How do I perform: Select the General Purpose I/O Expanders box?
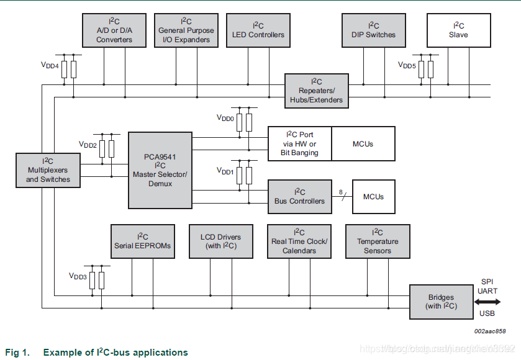coord(186,30)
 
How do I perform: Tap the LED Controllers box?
coord(258,30)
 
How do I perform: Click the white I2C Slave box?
coord(458,30)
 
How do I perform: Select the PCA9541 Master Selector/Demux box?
coord(160,170)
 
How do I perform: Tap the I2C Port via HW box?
coord(299,143)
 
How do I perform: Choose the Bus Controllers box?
coord(299,196)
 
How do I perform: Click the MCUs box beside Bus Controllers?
coord(373,196)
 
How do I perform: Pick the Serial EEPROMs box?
coord(142,241)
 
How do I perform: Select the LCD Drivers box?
coord(221,241)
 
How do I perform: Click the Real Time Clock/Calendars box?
coord(299,241)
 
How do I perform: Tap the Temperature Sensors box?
coord(378,241)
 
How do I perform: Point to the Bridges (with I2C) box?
coord(441,302)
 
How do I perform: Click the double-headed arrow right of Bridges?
coord(487,302)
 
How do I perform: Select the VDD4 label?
coord(50,65)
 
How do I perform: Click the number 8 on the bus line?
coord(341,192)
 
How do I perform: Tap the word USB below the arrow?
coord(487,313)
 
